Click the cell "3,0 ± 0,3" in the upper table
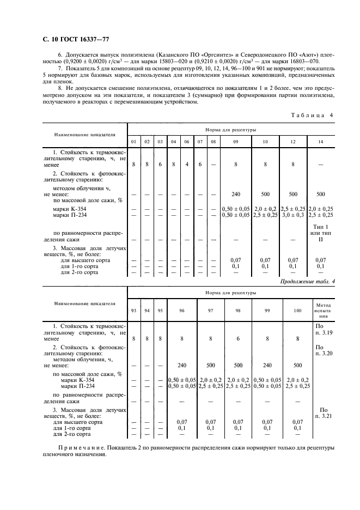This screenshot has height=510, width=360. click(293, 215)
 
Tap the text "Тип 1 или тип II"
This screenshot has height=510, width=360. click(320, 233)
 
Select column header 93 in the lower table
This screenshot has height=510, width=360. click(133, 311)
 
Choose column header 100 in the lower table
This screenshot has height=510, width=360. click(297, 311)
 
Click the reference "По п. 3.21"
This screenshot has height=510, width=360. click(323, 412)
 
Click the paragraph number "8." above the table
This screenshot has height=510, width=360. click(60, 87)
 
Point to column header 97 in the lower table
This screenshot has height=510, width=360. click(210, 311)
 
